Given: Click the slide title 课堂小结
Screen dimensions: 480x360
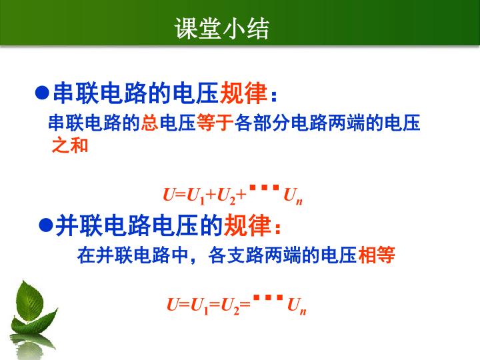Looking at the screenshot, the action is [x=222, y=29].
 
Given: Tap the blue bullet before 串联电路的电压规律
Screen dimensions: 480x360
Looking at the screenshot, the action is [x=42, y=93].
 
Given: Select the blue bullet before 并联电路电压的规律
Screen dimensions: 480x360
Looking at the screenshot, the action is [x=46, y=225].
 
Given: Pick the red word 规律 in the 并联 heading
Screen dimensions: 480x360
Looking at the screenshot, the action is [x=247, y=225].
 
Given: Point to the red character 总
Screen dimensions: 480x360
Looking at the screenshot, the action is [x=150, y=123].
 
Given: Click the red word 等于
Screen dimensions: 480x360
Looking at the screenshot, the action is [x=215, y=123].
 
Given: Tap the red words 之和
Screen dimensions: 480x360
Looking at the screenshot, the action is [x=70, y=145].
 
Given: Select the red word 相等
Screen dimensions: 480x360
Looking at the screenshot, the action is [x=377, y=255].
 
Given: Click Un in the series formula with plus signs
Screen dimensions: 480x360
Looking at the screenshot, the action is [x=293, y=196].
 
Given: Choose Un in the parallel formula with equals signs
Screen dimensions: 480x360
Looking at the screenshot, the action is [x=297, y=306].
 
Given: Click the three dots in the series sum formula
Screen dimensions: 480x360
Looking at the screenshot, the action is [x=265, y=187].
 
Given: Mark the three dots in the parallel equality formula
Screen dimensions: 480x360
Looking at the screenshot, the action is [x=268, y=297].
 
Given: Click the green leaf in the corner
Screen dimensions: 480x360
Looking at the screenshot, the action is [x=32, y=309].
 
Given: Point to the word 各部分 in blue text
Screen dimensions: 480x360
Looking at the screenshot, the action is [x=263, y=123].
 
